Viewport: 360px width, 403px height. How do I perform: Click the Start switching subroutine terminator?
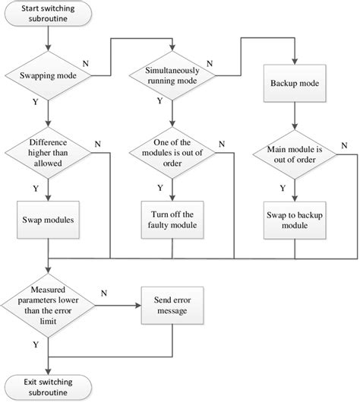[x=49, y=14]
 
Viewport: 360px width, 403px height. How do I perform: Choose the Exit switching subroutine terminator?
[x=49, y=386]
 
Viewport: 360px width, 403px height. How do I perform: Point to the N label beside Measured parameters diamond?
[x=103, y=292]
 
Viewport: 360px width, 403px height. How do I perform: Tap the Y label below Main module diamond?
[x=282, y=188]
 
